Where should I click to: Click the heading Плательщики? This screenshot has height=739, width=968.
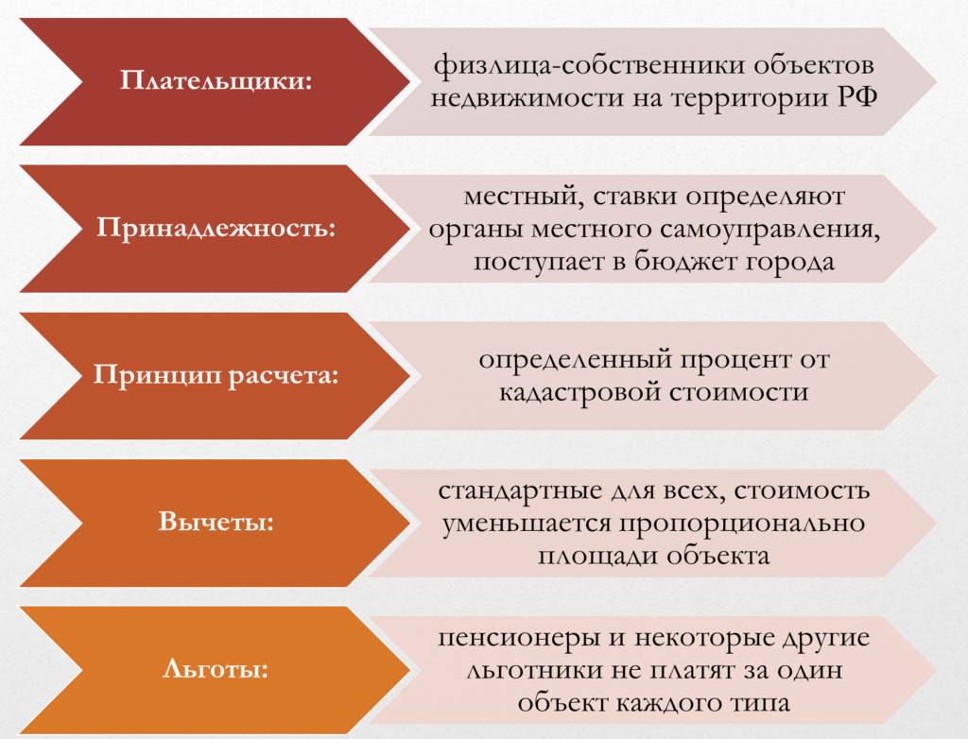coord(216,81)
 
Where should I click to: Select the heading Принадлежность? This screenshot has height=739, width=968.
coord(216,228)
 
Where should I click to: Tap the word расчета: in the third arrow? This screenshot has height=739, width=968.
coord(284,375)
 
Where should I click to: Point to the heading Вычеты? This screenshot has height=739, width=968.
coord(216,522)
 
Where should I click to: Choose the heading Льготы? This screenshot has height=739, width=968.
coord(216,669)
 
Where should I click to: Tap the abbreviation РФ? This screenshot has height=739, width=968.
coord(857,97)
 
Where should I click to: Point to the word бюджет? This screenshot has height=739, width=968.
coord(685,261)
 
